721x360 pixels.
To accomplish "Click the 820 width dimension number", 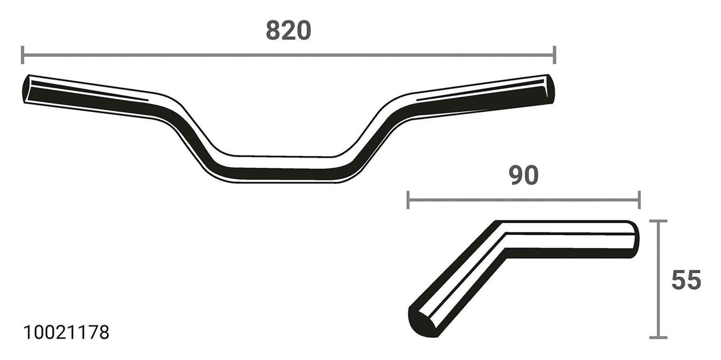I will click(x=288, y=31).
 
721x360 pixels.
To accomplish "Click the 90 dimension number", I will click(x=524, y=176).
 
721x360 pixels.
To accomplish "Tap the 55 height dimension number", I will click(x=686, y=280).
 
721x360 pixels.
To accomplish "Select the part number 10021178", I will click(x=66, y=333).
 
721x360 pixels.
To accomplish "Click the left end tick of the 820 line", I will click(x=22, y=55).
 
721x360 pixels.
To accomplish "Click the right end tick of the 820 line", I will click(x=554, y=55).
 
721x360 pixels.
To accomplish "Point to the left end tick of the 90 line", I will click(x=408, y=200).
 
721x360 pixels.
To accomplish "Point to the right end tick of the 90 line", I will click(x=639, y=200).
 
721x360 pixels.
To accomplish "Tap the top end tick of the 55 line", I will click(x=657, y=221).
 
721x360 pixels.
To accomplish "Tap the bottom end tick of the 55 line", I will click(x=657, y=337).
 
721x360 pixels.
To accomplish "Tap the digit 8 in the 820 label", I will click(x=274, y=31).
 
